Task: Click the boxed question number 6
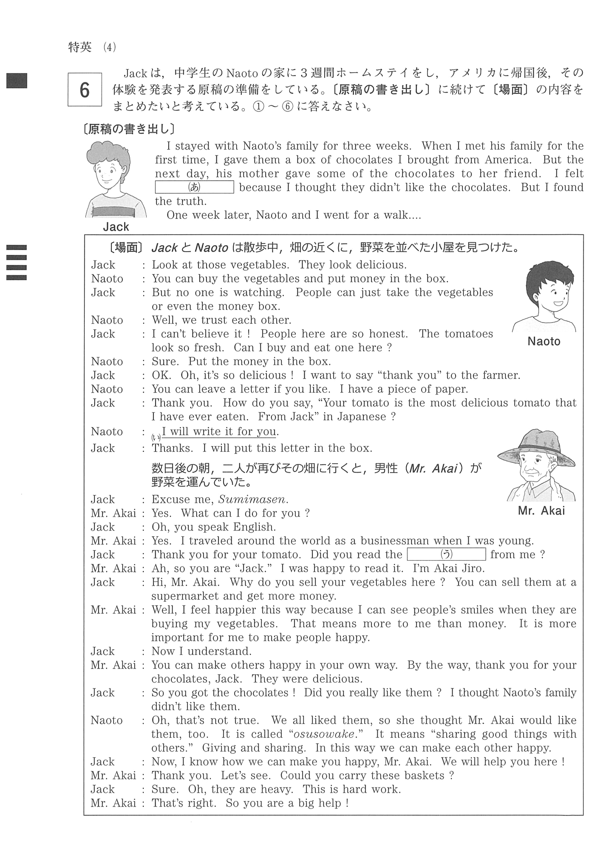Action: (85, 89)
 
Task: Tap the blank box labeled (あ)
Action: (194, 187)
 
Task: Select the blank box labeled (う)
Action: (446, 554)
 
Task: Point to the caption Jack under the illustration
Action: (116, 227)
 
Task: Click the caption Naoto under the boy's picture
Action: (543, 341)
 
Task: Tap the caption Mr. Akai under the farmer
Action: (541, 511)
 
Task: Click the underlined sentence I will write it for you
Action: (220, 432)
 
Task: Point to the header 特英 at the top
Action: (80, 47)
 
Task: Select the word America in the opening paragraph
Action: (508, 160)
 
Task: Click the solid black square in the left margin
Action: (17, 81)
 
